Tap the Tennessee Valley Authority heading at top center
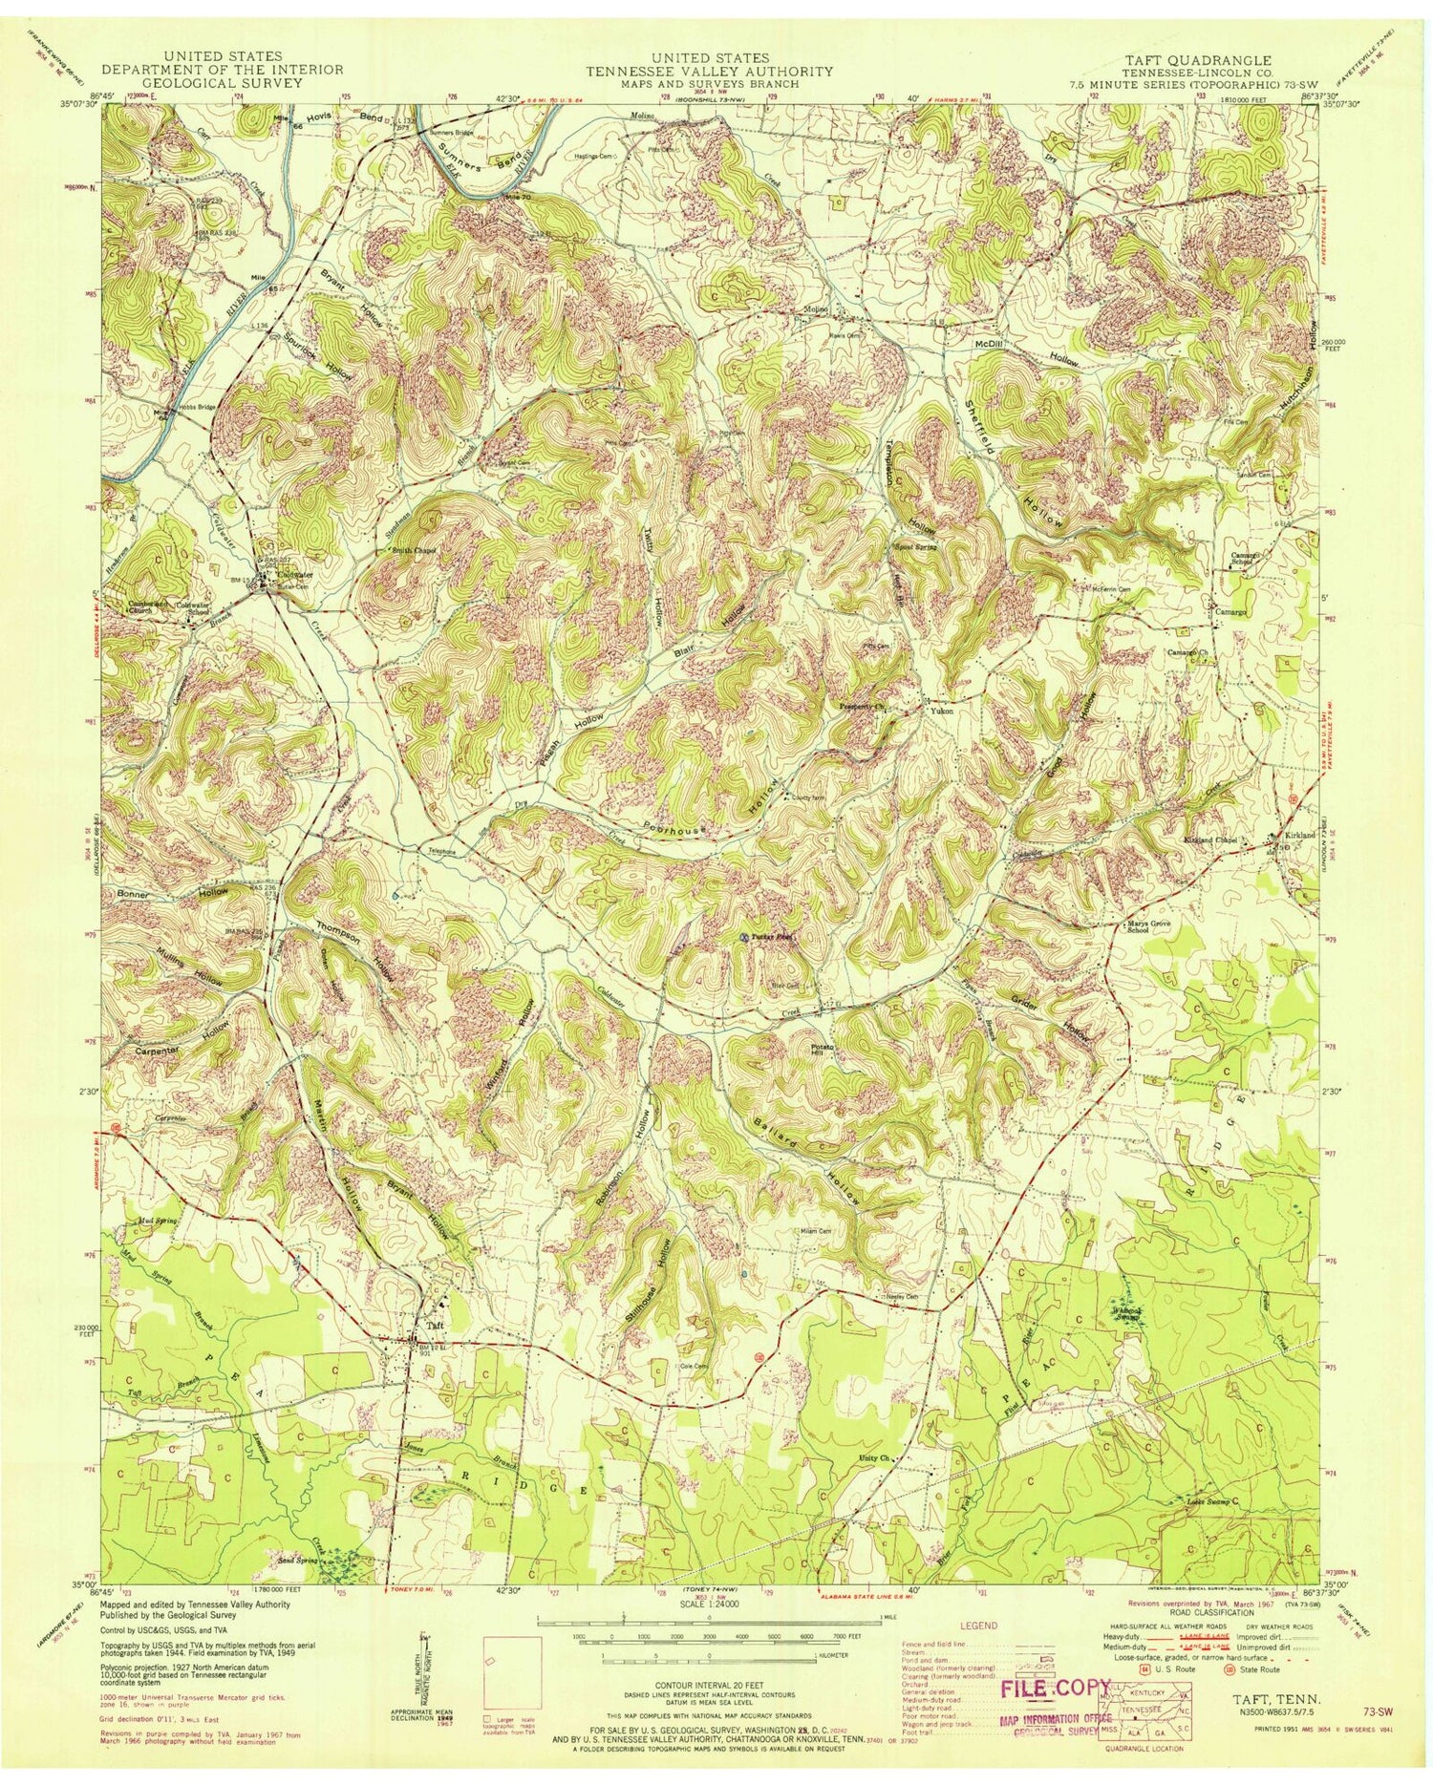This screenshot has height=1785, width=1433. click(708, 71)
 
